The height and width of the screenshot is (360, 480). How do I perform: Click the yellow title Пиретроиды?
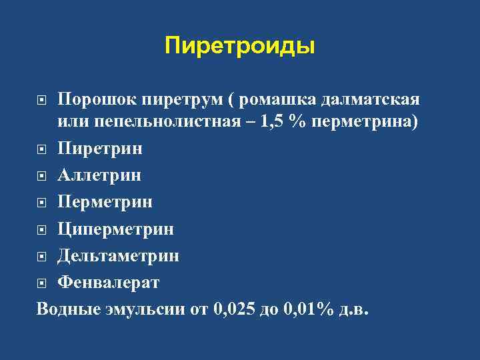[x=239, y=47]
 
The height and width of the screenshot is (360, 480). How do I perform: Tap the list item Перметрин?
[x=105, y=201]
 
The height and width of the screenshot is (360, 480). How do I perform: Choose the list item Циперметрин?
[x=115, y=229]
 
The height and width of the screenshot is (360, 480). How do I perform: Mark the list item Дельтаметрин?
[x=118, y=255]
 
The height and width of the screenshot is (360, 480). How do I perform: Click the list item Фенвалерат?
[x=109, y=283]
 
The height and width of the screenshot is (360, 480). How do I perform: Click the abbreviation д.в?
[x=353, y=309]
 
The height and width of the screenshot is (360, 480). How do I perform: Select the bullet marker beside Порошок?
[x=42, y=101]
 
